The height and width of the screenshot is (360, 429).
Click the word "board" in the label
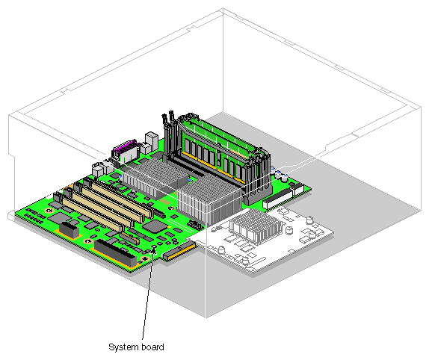(x=152, y=347)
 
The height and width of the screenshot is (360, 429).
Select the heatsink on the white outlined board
(x=256, y=226)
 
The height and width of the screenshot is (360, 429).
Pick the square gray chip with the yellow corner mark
(x=155, y=226)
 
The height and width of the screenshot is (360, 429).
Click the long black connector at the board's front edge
(x=115, y=252)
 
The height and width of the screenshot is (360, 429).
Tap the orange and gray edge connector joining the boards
(x=179, y=250)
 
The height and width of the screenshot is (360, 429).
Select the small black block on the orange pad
(x=69, y=229)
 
